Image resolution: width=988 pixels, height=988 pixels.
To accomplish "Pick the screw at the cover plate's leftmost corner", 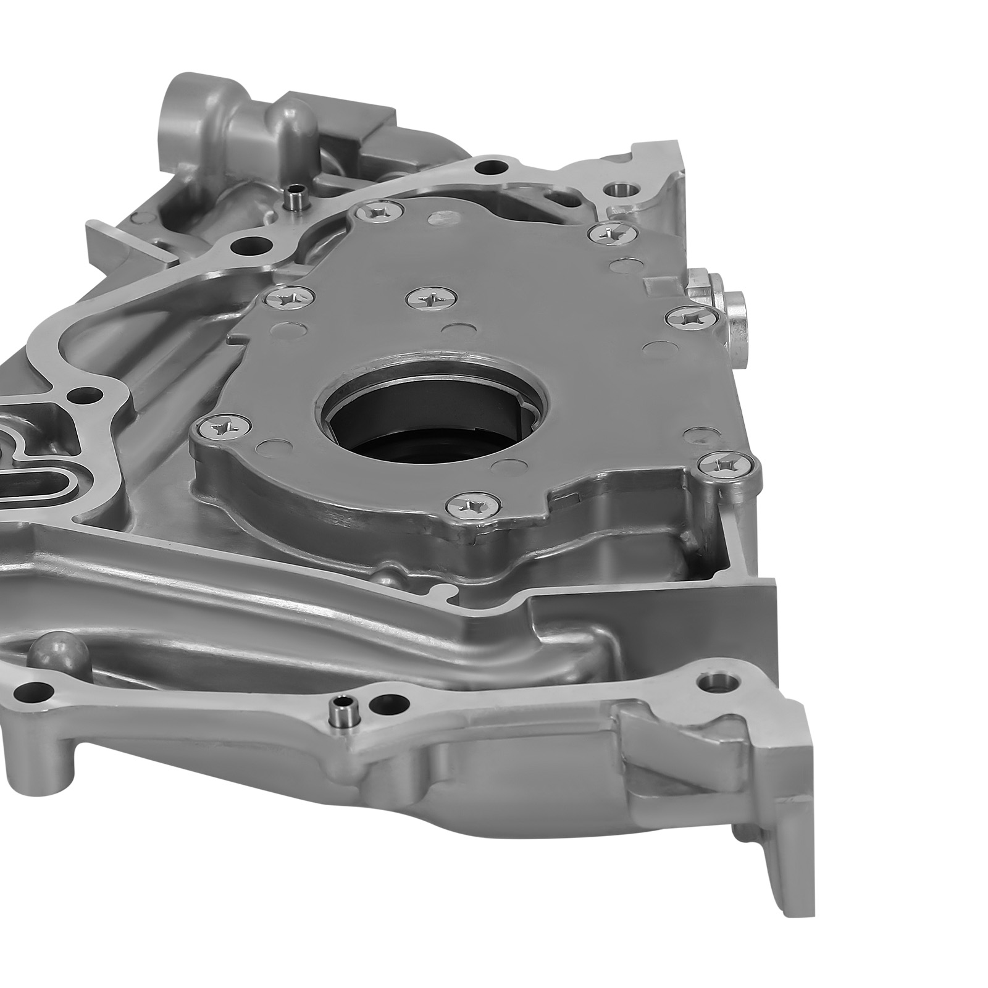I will tap(222, 425).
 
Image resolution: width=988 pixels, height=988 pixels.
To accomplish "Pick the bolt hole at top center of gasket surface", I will tap(491, 166).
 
